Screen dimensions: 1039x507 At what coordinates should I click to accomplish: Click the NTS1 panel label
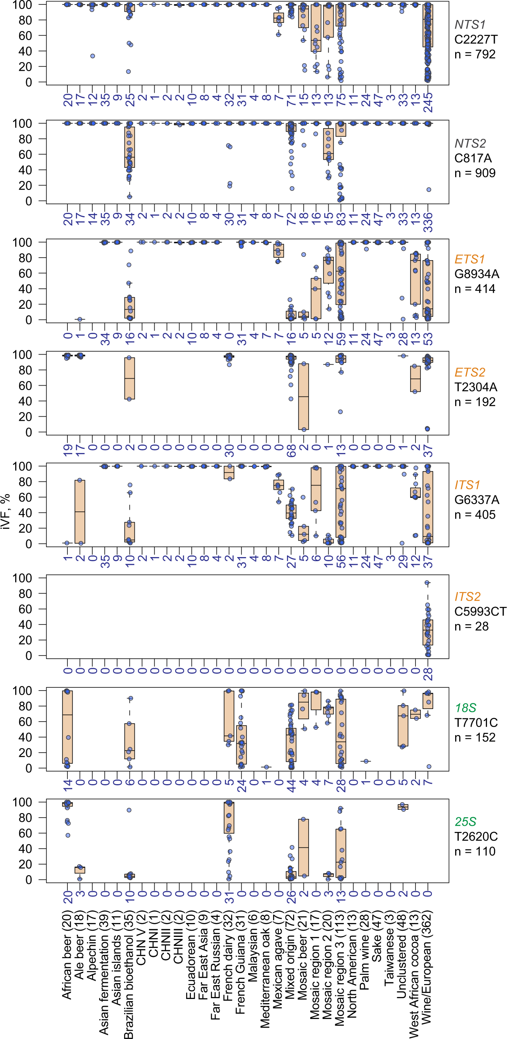click(470, 25)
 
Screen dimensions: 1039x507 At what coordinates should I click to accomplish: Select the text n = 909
click(475, 173)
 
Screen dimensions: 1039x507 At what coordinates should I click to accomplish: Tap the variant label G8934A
click(476, 274)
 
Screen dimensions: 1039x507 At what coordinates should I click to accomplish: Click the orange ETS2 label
click(470, 372)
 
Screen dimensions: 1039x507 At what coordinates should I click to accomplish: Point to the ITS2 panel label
click(467, 597)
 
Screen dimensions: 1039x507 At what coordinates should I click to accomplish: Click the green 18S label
click(466, 708)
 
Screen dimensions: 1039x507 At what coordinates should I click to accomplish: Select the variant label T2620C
click(476, 837)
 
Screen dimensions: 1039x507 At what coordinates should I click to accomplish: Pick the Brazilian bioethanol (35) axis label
click(129, 974)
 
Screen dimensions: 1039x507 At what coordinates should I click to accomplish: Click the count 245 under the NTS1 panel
click(428, 102)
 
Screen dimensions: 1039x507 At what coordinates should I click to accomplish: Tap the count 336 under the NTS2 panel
click(428, 222)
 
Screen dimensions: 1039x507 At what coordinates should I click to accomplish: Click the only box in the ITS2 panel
click(428, 632)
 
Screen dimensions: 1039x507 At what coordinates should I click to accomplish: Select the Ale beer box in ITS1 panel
click(80, 512)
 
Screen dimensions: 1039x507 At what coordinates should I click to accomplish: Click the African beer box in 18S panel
click(67, 727)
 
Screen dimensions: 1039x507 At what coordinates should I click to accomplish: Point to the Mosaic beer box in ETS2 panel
click(303, 397)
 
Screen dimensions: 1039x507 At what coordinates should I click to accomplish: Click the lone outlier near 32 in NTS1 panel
click(93, 56)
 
